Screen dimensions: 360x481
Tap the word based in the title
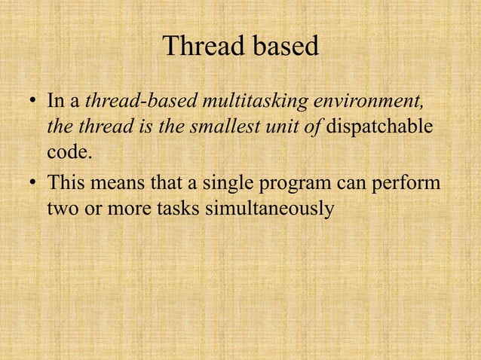(x=284, y=47)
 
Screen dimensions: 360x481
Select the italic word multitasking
(x=253, y=101)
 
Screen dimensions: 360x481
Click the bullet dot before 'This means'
(x=32, y=182)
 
